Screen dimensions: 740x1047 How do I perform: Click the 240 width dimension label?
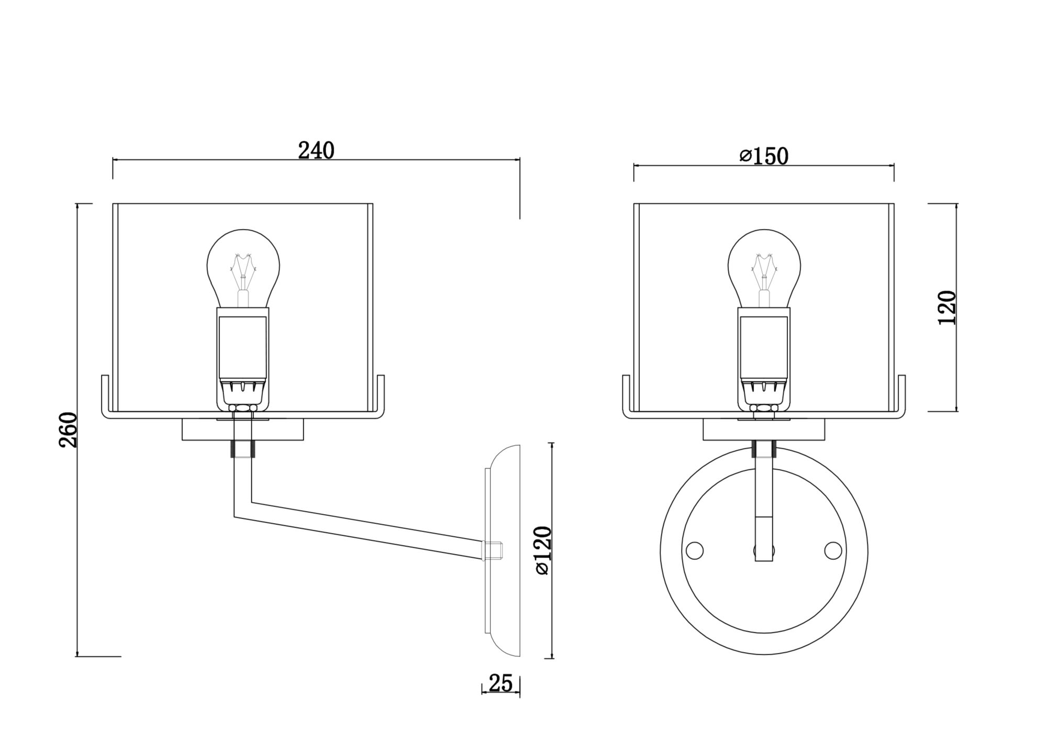pyautogui.click(x=316, y=151)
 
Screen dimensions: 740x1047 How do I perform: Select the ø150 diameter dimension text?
pyautogui.click(x=764, y=156)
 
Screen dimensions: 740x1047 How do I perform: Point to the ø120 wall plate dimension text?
pyautogui.click(x=544, y=550)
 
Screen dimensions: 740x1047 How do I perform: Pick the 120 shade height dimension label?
pyautogui.click(x=947, y=307)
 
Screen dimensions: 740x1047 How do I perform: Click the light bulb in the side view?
pyautogui.click(x=243, y=267)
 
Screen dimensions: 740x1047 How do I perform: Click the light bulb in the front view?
pyautogui.click(x=765, y=267)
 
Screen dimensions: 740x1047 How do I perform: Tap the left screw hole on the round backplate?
pyautogui.click(x=694, y=550)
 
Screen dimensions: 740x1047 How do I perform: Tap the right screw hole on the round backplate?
pyautogui.click(x=833, y=550)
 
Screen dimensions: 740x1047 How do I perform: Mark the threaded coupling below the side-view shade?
pyautogui.click(x=242, y=449)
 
